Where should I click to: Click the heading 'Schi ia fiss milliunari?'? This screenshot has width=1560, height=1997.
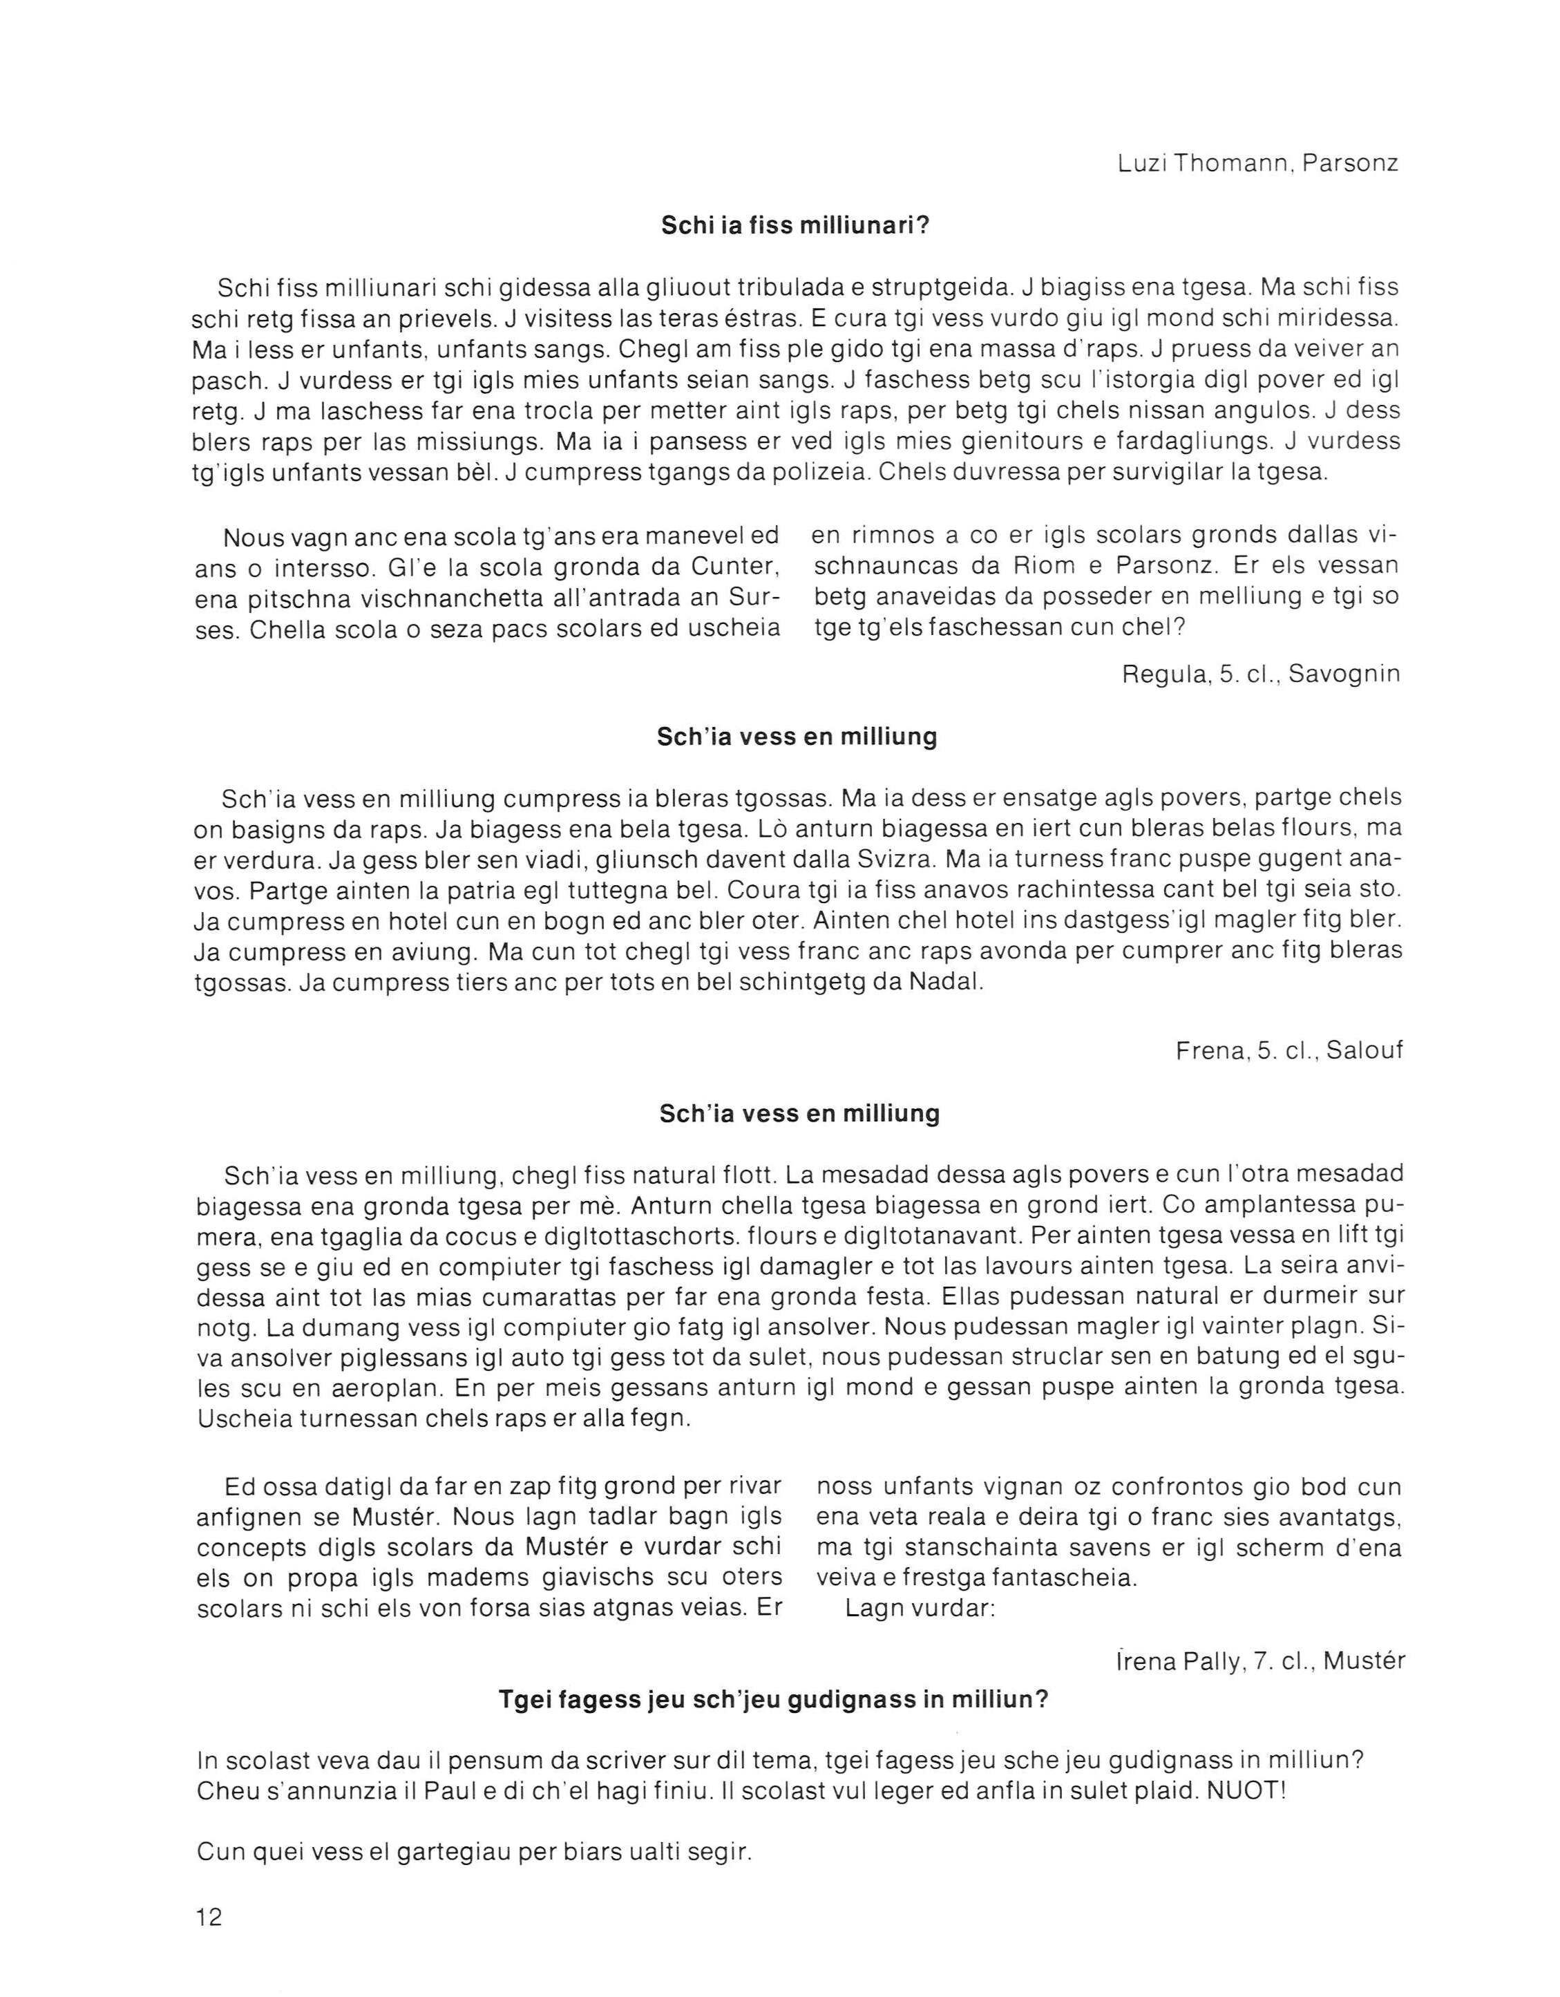click(795, 226)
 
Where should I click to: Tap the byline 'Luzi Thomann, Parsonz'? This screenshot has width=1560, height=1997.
click(1258, 164)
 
